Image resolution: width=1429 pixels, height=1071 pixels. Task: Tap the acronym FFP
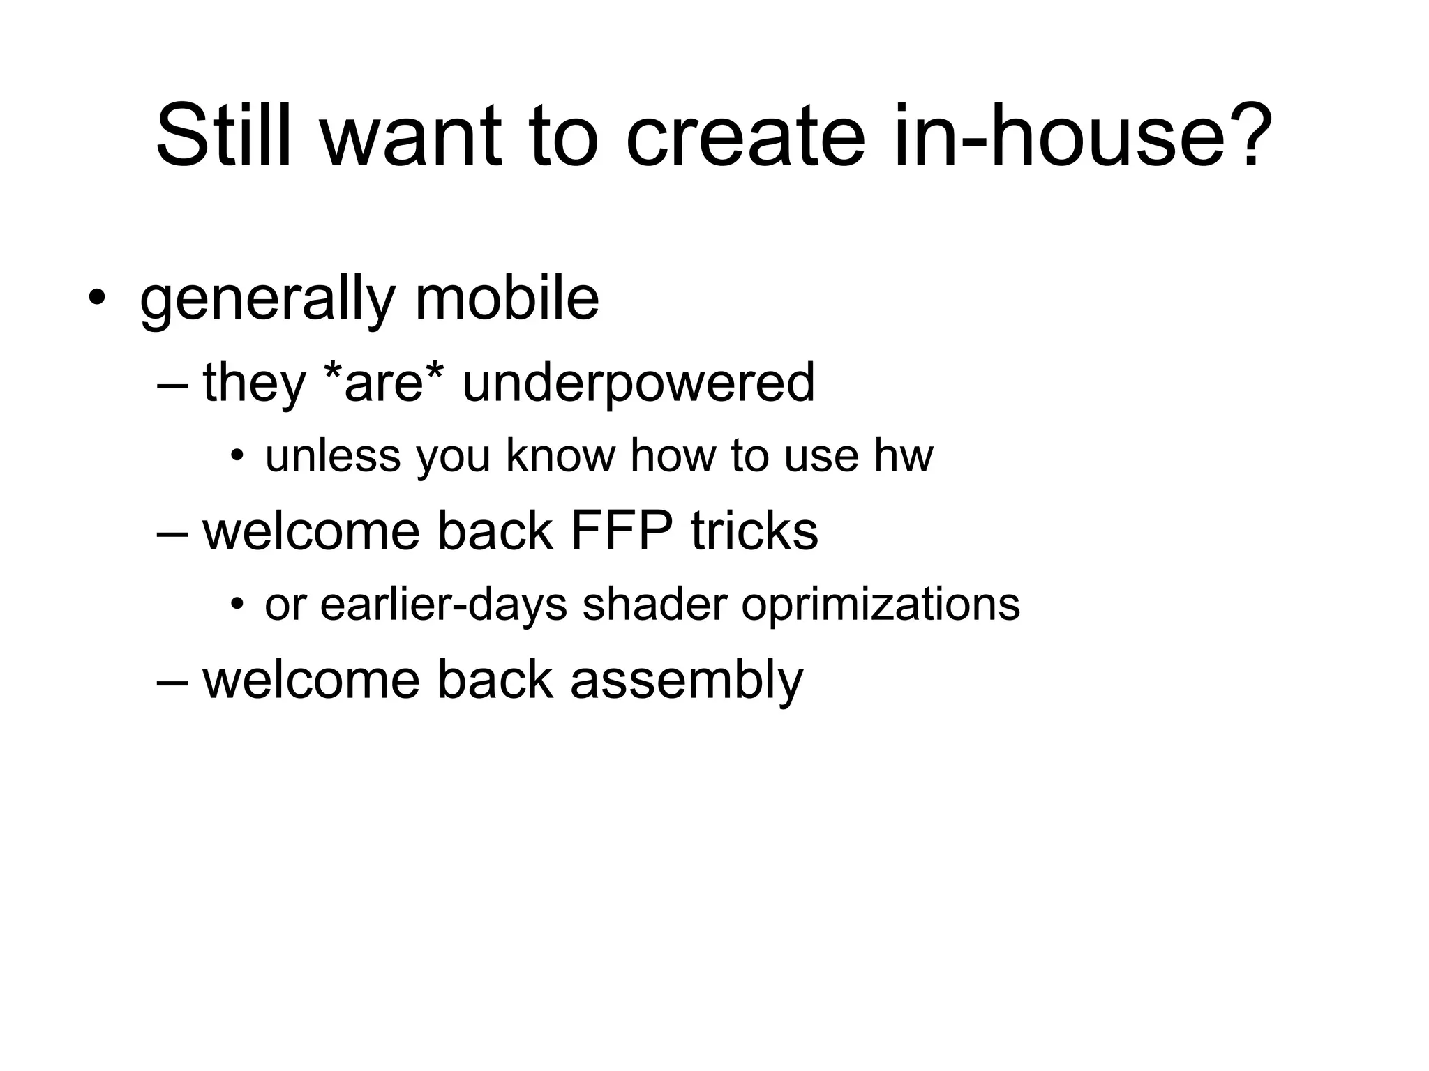(x=622, y=531)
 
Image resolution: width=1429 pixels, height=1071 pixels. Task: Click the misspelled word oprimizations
(x=881, y=605)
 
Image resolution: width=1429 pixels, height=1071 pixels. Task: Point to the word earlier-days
(x=444, y=605)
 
